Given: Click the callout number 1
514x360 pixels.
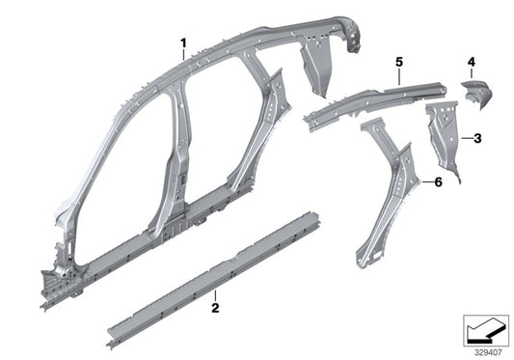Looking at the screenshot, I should coord(183,42).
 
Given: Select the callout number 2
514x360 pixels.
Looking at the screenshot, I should coord(215,309).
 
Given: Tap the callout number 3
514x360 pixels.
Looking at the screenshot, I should coord(477,138).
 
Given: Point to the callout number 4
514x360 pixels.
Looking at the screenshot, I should coord(472,64).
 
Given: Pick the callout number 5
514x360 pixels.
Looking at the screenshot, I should coord(396,61).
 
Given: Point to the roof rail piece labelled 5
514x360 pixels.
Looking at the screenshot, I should coord(366,101).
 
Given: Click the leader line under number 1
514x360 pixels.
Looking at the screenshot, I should coord(183,55).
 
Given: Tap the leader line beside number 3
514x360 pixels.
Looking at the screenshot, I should coord(465,138).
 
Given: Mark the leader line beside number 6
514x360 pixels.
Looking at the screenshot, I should coord(424,180).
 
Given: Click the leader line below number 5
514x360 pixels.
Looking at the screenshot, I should coord(396,75).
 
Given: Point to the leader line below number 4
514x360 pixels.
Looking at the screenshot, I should coord(472,75).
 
